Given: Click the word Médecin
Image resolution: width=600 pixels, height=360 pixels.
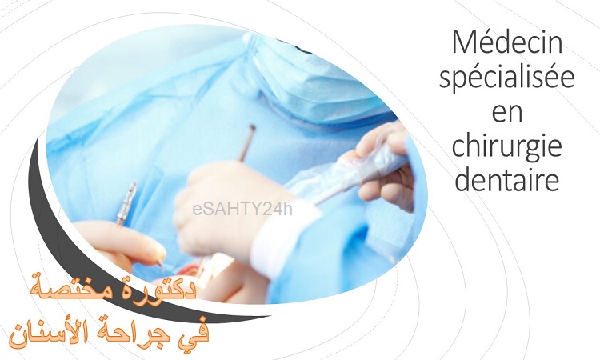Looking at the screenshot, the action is [507, 43].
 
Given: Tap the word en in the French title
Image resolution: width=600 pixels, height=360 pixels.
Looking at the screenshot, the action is [507, 113].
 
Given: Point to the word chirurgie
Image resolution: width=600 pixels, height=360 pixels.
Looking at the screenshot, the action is [507, 148].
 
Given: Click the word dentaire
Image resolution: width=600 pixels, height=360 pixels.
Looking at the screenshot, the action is [507, 179].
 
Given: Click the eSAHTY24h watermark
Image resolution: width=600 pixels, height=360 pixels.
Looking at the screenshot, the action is [242, 210].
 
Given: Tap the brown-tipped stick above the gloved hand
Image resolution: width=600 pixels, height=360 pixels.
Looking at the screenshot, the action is [247, 142].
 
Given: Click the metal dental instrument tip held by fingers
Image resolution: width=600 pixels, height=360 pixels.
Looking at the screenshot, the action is [127, 202].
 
